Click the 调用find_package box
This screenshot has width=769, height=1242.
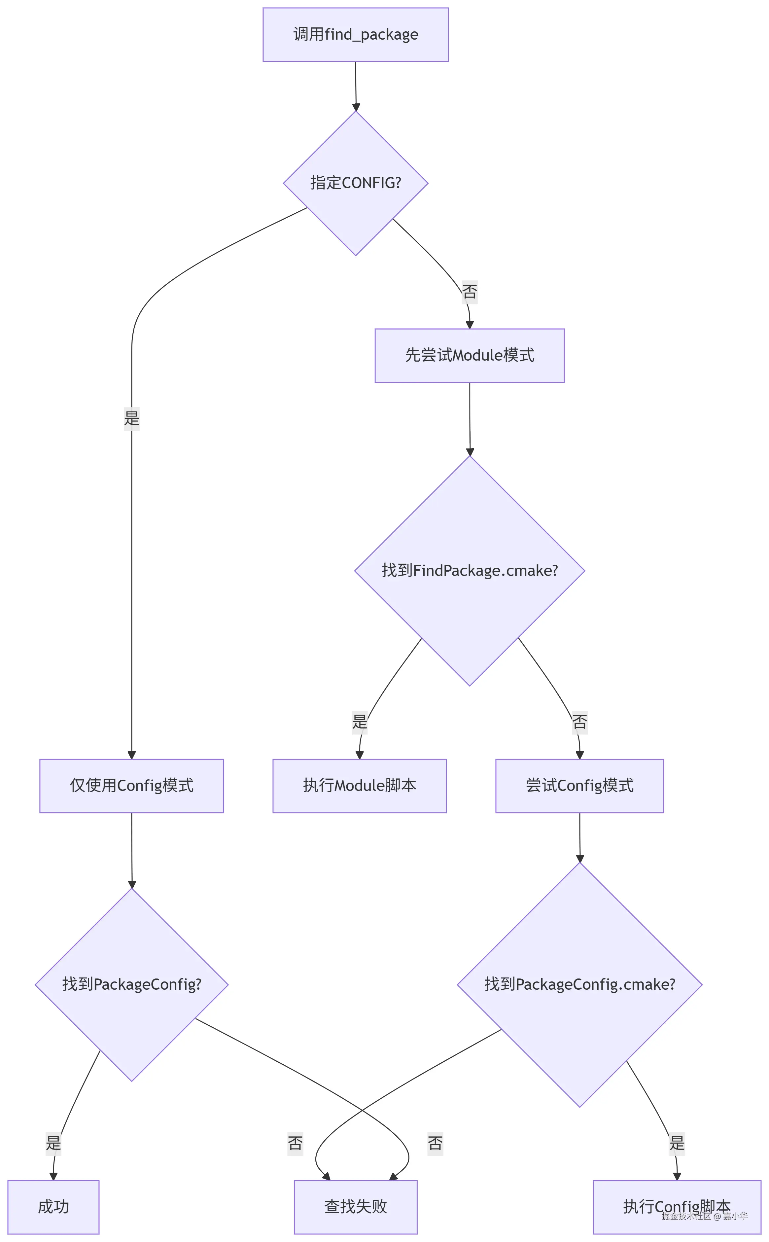[356, 35]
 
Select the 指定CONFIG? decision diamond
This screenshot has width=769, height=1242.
[356, 183]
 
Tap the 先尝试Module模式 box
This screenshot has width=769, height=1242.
[470, 356]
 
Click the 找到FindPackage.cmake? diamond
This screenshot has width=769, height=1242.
[470, 571]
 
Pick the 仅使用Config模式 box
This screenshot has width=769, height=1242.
[132, 786]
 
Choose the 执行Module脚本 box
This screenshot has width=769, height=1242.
[360, 786]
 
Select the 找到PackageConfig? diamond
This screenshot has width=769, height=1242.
[132, 985]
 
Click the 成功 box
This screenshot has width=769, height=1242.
[53, 1207]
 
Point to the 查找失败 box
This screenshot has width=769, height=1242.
[356, 1207]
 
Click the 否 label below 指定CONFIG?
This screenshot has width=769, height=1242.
[470, 292]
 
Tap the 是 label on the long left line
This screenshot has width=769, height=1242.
[132, 419]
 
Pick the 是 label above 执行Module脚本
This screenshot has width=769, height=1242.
[360, 722]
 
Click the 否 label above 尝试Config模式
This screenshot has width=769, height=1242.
[579, 722]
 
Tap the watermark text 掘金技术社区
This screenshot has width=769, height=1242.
[686, 1216]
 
